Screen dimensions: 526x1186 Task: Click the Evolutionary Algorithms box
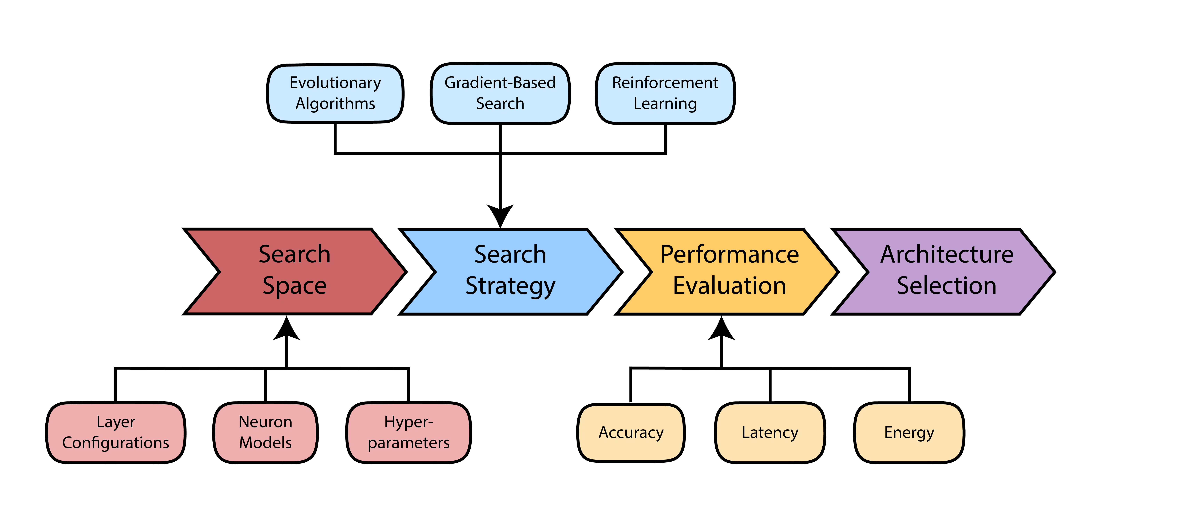(335, 93)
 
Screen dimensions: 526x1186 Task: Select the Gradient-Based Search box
(500, 93)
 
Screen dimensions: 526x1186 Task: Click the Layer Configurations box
(116, 433)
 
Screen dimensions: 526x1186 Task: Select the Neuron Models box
(265, 433)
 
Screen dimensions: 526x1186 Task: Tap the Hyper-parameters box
(408, 433)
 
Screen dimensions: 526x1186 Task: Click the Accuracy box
(631, 433)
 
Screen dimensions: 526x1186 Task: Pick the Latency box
(770, 433)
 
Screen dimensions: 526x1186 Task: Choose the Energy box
(909, 433)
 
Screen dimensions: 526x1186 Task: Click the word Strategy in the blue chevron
(510, 286)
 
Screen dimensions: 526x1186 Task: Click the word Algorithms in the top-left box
(335, 104)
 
